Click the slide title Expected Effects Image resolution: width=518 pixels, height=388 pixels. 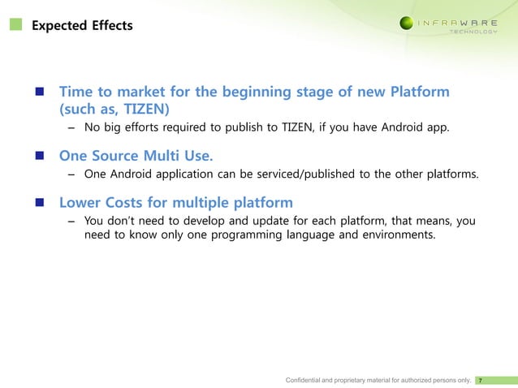tap(81, 26)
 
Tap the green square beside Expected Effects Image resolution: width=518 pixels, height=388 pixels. tap(16, 25)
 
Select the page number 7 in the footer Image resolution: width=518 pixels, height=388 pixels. tap(482, 379)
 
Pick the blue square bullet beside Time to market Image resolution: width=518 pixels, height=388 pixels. tap(39, 92)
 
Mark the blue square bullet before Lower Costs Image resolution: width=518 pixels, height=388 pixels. tap(39, 202)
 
